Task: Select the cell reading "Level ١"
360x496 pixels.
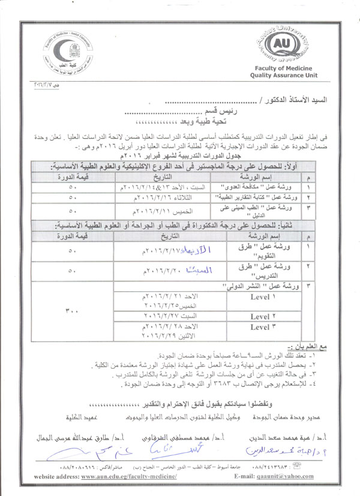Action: point(263,296)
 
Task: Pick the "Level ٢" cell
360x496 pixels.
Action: point(263,316)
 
